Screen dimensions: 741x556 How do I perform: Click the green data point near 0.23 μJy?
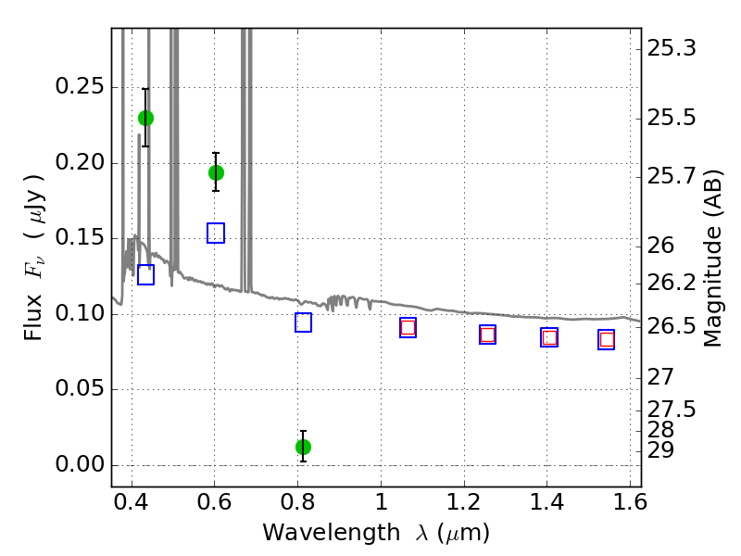point(145,119)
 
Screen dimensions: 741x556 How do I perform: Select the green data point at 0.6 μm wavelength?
point(216,173)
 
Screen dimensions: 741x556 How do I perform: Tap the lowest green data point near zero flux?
point(304,447)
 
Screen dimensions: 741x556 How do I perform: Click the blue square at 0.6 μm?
point(216,234)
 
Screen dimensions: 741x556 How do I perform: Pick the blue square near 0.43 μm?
point(145,274)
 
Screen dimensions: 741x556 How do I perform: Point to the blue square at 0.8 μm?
point(304,322)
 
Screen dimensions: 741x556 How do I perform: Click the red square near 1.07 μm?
point(408,327)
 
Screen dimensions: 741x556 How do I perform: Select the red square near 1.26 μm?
point(488,335)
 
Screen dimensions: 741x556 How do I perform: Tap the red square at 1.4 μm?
point(549,337)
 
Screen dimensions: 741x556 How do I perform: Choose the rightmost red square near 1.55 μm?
point(607,339)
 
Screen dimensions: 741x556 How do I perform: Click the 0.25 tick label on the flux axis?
point(80,86)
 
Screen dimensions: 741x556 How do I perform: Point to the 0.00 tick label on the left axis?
point(80,464)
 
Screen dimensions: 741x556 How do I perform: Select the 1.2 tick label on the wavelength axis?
point(464,501)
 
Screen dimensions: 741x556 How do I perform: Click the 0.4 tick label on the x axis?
point(132,501)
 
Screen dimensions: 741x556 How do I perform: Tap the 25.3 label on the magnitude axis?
point(671,48)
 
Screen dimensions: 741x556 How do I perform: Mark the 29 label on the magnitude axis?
point(660,450)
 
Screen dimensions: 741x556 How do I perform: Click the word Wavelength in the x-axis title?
point(332,533)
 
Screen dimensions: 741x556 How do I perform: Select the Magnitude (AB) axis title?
point(713,259)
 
